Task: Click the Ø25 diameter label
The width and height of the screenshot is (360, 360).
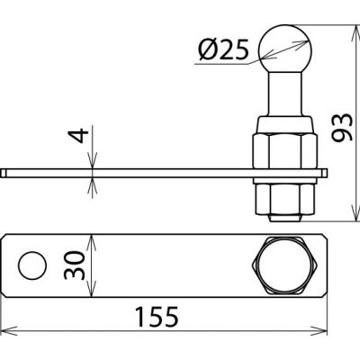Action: (223, 49)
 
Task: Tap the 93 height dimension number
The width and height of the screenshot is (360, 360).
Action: (342, 127)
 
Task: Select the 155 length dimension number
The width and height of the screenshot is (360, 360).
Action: (157, 317)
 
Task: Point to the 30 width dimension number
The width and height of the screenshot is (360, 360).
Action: (75, 265)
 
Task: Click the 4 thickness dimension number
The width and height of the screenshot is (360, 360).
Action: (78, 136)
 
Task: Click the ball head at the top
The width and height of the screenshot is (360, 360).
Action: (285, 49)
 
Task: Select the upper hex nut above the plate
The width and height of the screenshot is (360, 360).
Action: (284, 151)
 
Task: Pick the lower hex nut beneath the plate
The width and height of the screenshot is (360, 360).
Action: (285, 199)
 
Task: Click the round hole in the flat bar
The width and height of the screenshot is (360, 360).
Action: (32, 265)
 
